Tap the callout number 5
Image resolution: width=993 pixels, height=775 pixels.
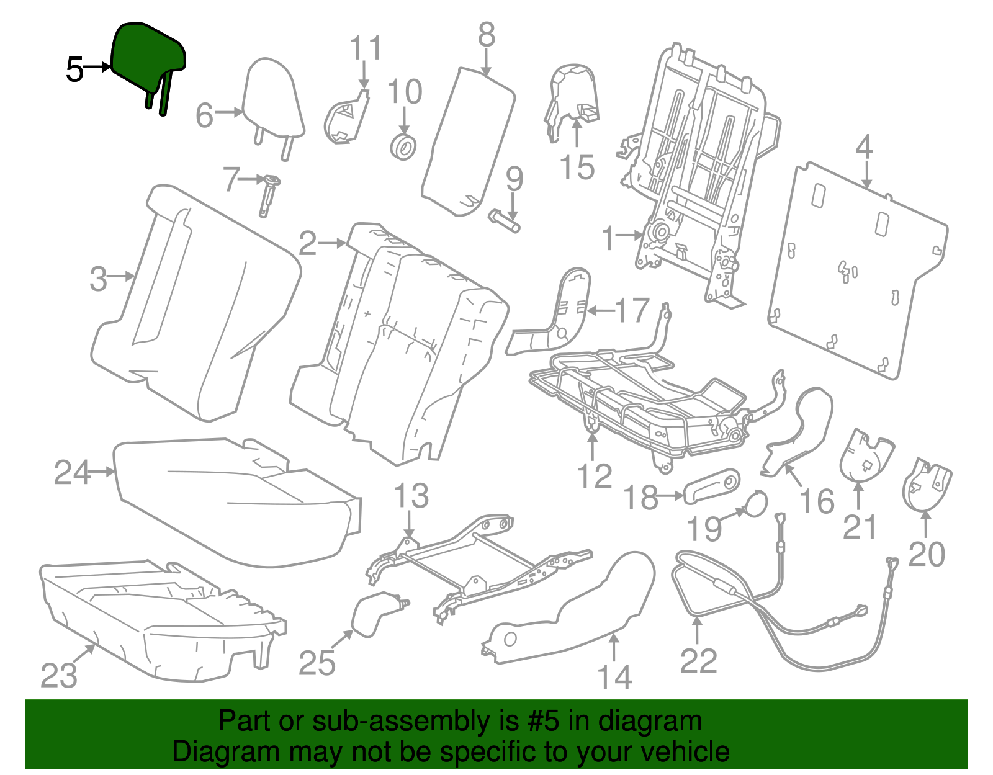click(74, 69)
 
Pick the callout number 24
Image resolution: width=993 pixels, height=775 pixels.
click(72, 473)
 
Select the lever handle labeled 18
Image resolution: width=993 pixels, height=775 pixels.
click(712, 486)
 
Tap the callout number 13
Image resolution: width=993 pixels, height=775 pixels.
click(411, 496)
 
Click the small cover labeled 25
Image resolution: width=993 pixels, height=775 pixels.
click(375, 614)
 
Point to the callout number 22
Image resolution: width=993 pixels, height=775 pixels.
click(698, 661)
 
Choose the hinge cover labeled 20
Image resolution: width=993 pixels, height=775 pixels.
click(927, 485)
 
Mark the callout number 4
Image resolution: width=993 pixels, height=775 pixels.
click(864, 148)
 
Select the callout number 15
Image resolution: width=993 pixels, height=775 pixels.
click(577, 168)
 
